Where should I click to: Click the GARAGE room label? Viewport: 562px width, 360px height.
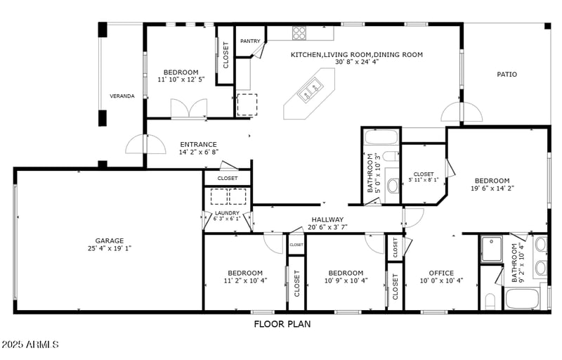(110, 240)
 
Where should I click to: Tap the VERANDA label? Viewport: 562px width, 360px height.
(122, 96)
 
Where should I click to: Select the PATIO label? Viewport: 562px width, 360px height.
(507, 74)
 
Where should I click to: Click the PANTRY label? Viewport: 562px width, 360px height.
(250, 41)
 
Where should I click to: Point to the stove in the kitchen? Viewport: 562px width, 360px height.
(299, 32)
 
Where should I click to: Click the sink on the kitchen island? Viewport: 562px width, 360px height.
(309, 89)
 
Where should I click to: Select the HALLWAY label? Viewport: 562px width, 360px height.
(327, 219)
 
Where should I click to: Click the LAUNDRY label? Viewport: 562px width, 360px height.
(227, 213)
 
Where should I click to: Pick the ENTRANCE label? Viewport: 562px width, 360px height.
(198, 145)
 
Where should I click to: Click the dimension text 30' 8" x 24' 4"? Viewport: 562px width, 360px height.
(357, 62)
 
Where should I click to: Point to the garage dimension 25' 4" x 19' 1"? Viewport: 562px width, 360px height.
(110, 248)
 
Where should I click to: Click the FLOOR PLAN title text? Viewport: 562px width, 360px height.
(282, 324)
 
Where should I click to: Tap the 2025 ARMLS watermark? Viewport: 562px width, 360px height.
(30, 345)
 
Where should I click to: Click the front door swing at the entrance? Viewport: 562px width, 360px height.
(136, 145)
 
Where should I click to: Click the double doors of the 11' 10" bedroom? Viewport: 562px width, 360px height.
(189, 109)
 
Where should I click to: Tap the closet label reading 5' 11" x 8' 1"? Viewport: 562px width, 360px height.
(424, 176)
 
